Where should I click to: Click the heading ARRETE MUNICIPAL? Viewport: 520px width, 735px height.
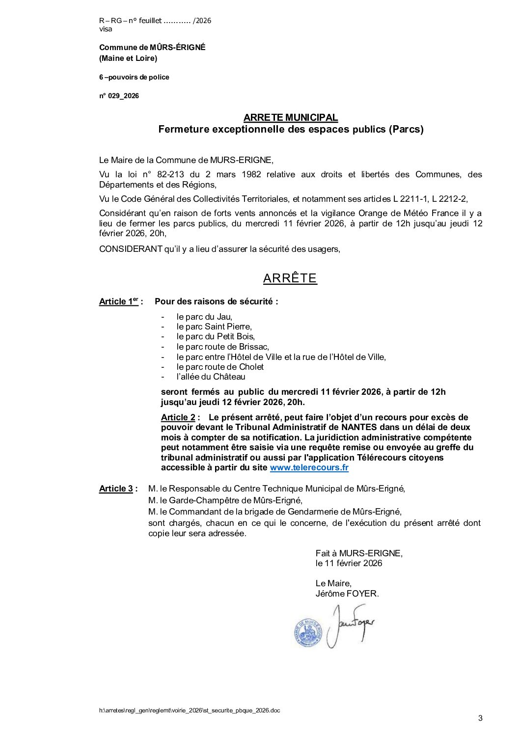point(291,118)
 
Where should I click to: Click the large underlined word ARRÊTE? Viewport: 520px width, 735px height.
point(290,278)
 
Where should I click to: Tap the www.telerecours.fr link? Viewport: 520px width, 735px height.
point(309,467)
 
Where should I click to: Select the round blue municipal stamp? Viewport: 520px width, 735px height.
point(307,632)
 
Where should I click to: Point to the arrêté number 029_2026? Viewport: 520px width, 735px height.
point(119,96)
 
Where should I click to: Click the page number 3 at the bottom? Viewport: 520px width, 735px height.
point(480,718)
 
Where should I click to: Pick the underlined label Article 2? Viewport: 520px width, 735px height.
point(178,417)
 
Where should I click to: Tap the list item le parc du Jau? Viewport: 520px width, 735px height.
point(204,317)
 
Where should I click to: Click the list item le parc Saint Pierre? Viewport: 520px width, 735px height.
point(214,327)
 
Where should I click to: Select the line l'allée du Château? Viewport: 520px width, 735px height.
point(211,377)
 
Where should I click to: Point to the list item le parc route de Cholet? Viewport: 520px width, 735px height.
point(220,367)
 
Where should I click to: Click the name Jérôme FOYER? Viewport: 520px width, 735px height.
point(347,594)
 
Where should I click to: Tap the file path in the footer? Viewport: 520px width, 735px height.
point(189,710)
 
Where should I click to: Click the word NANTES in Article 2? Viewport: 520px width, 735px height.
point(359,427)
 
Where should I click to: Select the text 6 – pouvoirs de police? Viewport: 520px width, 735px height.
point(134,77)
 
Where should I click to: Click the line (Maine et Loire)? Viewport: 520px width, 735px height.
point(128,58)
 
